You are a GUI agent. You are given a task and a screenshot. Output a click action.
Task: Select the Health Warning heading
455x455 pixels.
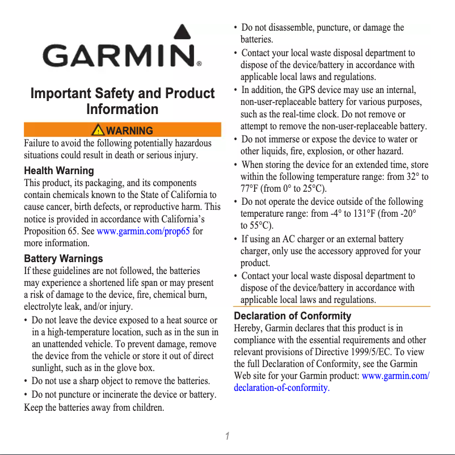click(x=59, y=171)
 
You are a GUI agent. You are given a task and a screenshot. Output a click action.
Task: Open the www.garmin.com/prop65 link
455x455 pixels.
click(x=143, y=231)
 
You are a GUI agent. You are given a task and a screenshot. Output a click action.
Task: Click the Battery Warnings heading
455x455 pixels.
click(x=63, y=259)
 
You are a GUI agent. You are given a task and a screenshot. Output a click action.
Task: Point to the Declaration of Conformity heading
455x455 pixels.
click(x=292, y=315)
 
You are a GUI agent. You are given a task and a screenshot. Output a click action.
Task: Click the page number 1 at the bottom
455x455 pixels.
click(x=226, y=436)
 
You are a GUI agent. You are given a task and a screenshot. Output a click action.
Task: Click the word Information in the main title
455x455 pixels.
click(x=122, y=109)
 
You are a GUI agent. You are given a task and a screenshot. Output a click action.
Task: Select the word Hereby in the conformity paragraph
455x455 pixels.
click(x=247, y=328)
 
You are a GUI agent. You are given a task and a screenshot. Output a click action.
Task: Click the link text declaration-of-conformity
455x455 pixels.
click(x=280, y=388)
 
